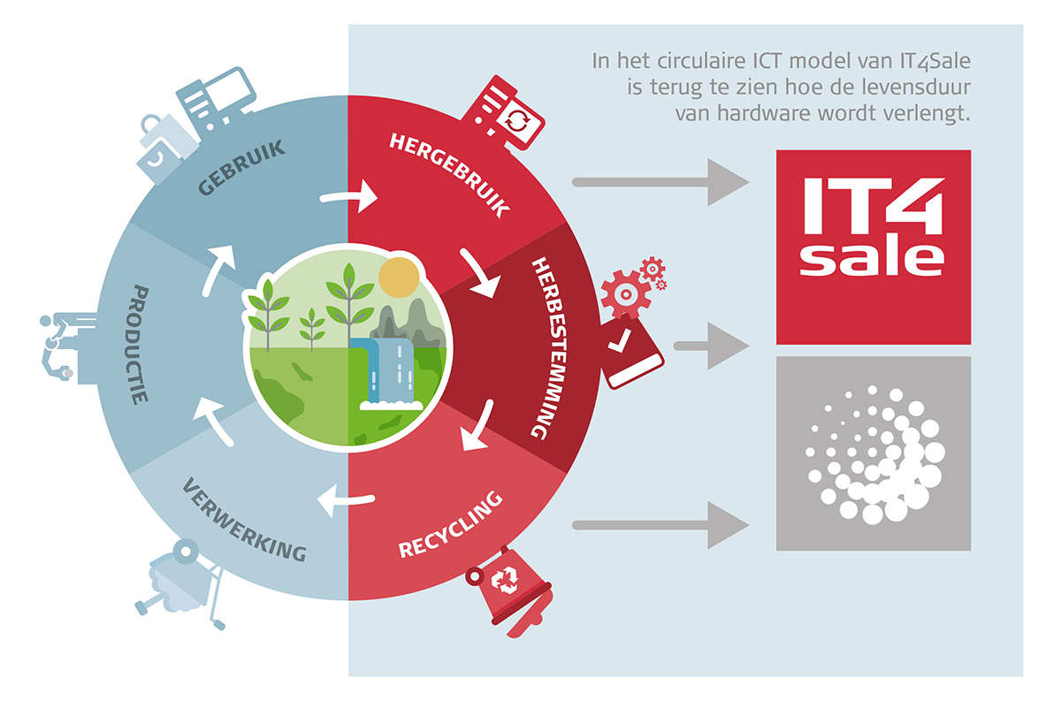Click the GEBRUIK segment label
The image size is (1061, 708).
point(241,167)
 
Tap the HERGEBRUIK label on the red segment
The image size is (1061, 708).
point(449,175)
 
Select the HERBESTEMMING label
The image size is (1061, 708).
point(549,348)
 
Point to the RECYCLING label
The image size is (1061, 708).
point(450,525)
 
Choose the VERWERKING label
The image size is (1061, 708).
point(244,520)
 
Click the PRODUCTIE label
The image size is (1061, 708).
point(138,345)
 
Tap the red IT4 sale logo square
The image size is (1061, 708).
point(873,247)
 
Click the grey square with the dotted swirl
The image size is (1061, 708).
point(873,453)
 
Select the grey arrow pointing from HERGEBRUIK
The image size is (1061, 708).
point(660,182)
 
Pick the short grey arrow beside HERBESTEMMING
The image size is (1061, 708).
point(711,346)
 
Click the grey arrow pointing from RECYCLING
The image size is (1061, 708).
point(660,525)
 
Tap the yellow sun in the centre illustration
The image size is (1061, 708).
point(399,278)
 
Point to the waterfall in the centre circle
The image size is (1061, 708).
point(390,373)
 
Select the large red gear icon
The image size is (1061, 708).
point(626,294)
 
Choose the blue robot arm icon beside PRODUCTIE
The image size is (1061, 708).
point(68,348)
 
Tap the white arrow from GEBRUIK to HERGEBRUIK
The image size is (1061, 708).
point(349,195)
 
